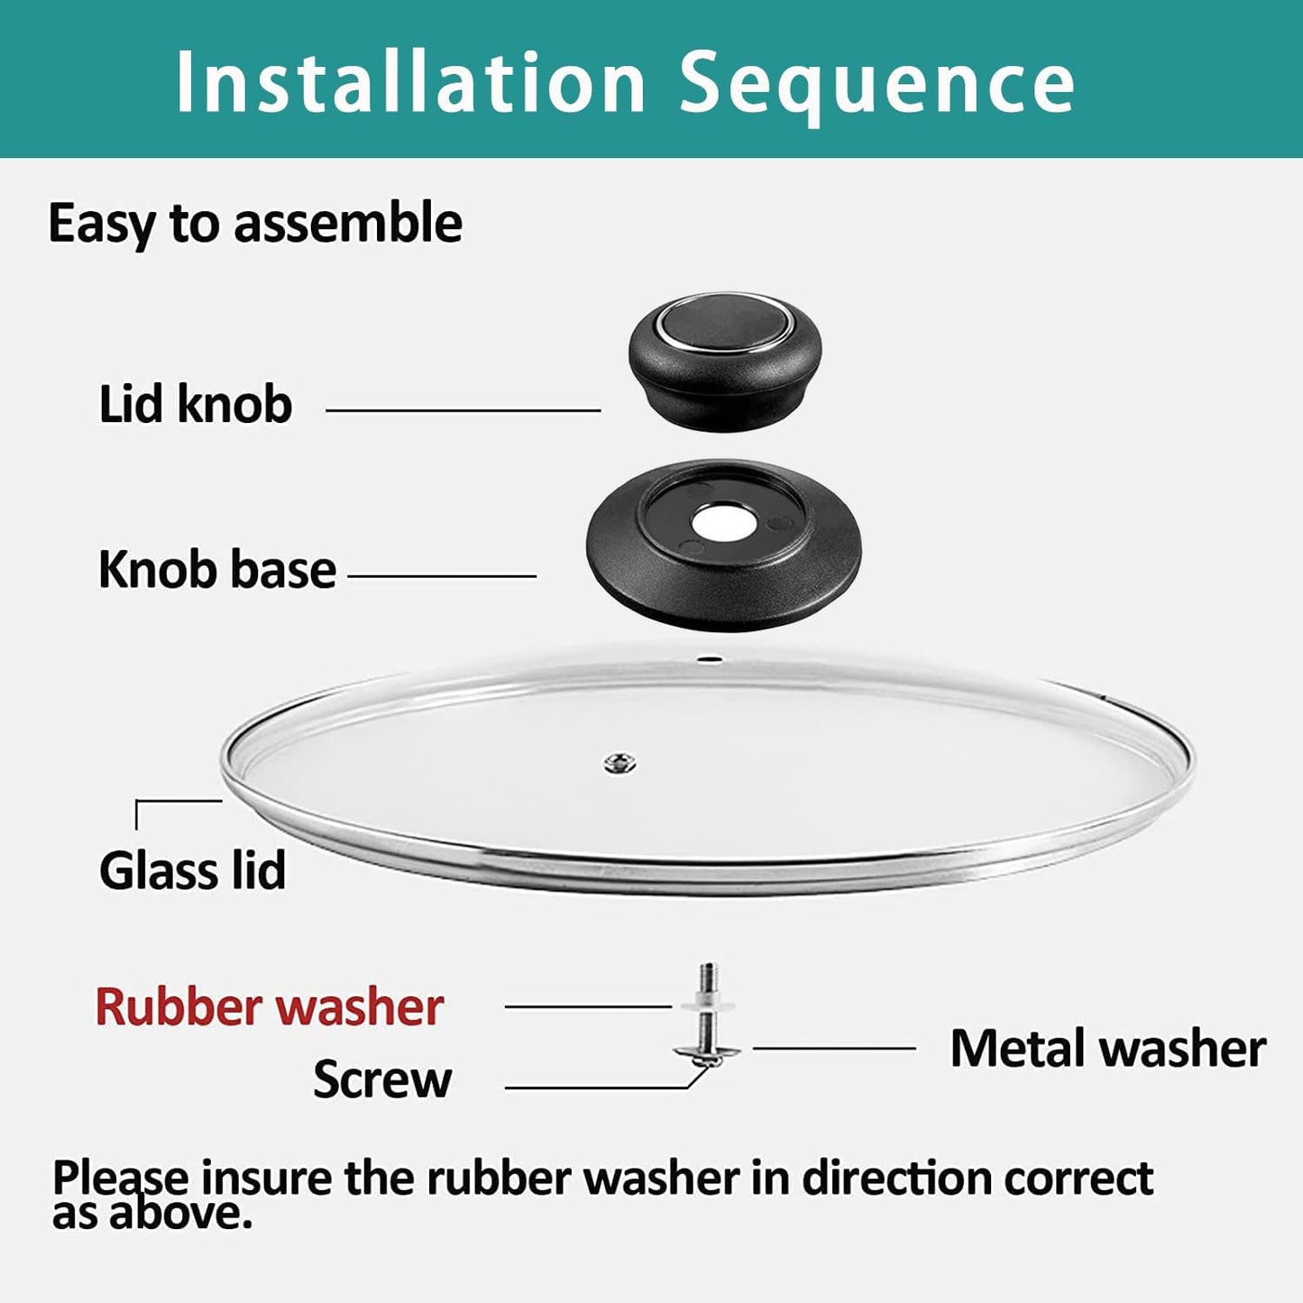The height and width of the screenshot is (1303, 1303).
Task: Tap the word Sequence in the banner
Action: (x=876, y=83)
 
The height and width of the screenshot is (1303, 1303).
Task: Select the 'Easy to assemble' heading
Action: (x=255, y=224)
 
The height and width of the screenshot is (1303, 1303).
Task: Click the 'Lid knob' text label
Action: (x=196, y=404)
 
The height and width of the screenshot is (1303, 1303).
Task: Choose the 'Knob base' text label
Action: (x=217, y=570)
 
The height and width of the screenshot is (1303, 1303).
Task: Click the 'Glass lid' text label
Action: (x=193, y=870)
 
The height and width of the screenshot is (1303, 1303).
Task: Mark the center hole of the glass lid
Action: (x=620, y=765)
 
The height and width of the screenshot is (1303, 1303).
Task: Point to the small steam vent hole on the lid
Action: (x=711, y=659)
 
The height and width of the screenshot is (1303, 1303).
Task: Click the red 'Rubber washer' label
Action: (x=270, y=1007)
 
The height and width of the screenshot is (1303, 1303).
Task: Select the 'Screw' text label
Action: (x=382, y=1079)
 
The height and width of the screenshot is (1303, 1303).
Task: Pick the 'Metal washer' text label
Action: (x=1108, y=1049)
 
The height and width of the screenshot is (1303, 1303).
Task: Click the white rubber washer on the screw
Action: (x=709, y=1005)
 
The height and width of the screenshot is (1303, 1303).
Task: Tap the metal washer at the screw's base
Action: (x=709, y=1051)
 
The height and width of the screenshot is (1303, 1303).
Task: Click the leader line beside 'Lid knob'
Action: (x=463, y=410)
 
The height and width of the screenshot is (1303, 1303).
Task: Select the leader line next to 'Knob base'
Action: (x=442, y=575)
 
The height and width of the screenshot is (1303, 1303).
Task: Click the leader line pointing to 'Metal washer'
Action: (x=834, y=1048)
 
